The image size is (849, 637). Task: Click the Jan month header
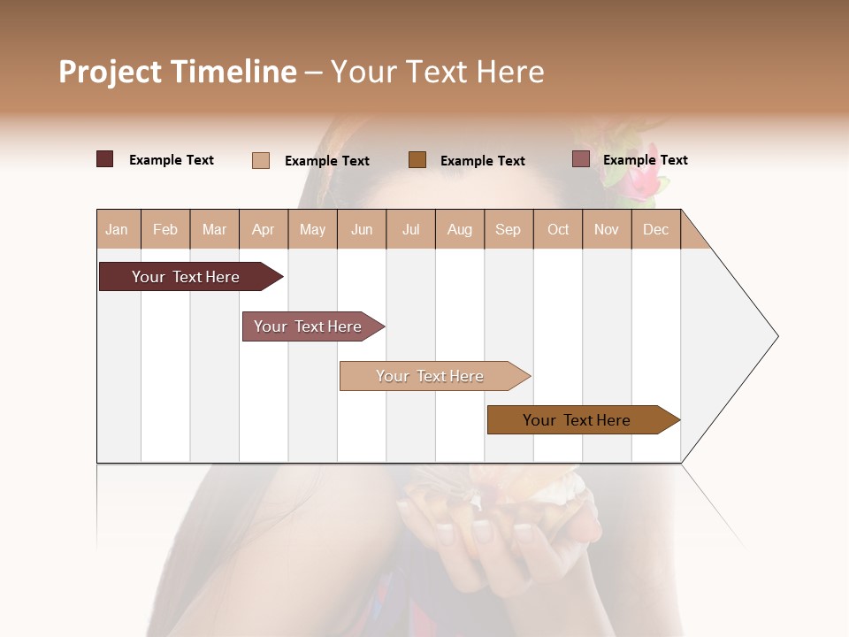117,230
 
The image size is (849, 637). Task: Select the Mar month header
214,230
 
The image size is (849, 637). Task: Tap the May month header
312,230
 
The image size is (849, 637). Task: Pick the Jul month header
410,230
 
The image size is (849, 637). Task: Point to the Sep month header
508,230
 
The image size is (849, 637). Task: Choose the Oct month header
558,230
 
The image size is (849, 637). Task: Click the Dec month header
655,230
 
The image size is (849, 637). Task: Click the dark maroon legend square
105,159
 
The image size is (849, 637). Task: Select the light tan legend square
261,160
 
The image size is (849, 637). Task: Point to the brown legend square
417,160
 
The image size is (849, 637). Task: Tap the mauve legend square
580,159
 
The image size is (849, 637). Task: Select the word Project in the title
111,72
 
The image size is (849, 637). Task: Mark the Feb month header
165,230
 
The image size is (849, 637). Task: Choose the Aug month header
459,230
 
